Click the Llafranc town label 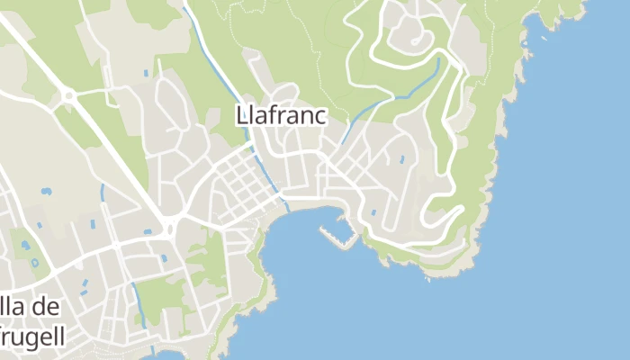tap(281, 116)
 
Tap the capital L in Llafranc tap(240, 116)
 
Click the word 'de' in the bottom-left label tap(46, 307)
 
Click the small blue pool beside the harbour tap(373, 213)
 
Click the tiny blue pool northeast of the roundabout tap(146, 72)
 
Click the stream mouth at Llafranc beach tap(286, 207)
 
